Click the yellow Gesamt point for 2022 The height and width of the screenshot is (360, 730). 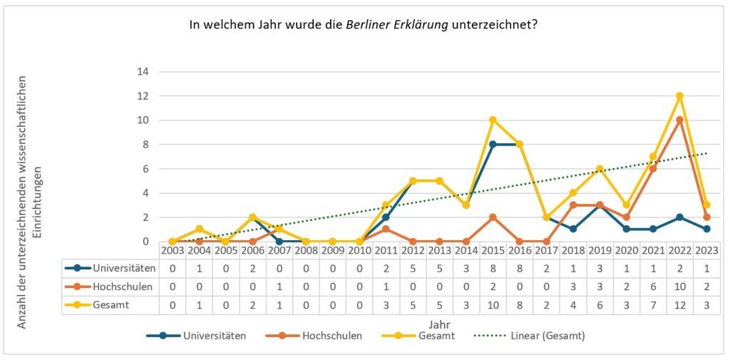click(679, 96)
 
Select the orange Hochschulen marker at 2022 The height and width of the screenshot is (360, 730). click(679, 120)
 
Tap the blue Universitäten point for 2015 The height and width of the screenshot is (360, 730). click(493, 144)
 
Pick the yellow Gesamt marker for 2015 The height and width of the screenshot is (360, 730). click(493, 120)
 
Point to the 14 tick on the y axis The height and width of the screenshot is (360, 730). click(143, 71)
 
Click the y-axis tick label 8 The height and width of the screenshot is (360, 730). click(145, 144)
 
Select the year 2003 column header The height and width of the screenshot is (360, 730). click(173, 251)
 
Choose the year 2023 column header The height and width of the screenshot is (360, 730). click(706, 251)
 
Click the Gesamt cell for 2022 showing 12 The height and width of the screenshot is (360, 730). click(679, 306)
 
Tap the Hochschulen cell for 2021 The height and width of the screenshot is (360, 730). click(652, 287)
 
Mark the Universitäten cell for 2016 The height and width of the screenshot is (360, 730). click(519, 269)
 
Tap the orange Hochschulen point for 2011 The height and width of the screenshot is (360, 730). click(386, 229)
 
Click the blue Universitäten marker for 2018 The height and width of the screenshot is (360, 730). click(572, 229)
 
